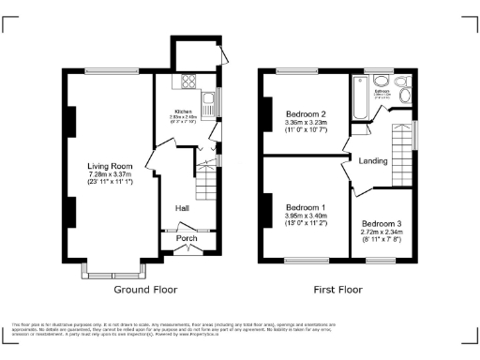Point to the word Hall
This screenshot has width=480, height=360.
(183, 208)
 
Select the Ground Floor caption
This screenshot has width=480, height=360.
(145, 290)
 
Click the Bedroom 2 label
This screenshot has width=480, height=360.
(305, 113)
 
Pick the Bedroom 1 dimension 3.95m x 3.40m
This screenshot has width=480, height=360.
(305, 217)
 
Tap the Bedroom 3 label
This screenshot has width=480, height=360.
(381, 224)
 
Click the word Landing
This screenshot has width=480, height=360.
(373, 161)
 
